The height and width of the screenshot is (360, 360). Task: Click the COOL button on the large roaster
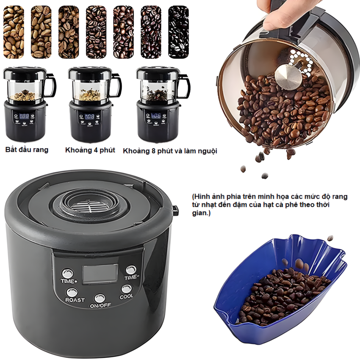126,289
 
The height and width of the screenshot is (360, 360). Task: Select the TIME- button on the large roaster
131,270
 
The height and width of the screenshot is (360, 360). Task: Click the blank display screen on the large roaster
100,274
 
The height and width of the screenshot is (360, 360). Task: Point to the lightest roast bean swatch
14,32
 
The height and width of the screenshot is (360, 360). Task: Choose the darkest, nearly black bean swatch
178,32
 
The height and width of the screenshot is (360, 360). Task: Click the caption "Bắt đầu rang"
27,150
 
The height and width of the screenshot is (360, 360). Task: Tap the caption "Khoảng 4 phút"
90,150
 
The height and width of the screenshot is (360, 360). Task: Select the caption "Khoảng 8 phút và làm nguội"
170,151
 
